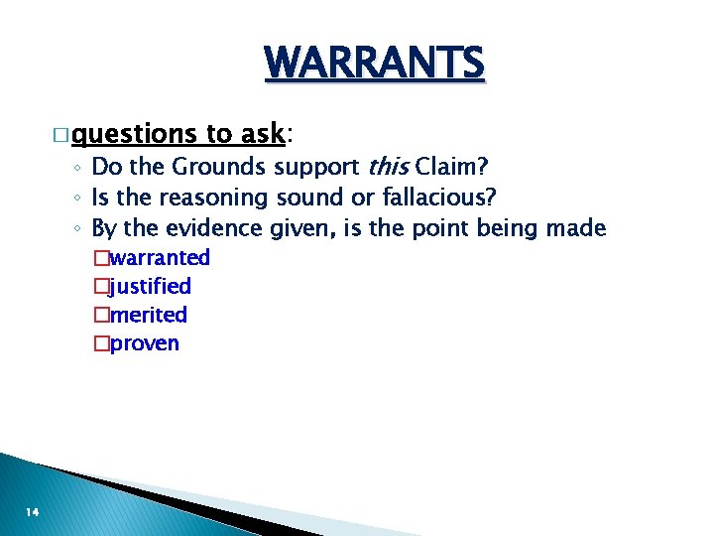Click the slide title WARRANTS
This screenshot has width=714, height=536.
pos(375,64)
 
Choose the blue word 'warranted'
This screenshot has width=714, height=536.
pos(160,258)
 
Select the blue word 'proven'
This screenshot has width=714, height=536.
pos(145,344)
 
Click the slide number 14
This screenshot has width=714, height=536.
pos(33,511)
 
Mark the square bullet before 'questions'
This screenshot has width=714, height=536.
pos(60,134)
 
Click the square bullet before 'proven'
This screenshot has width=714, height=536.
pos(99,344)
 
